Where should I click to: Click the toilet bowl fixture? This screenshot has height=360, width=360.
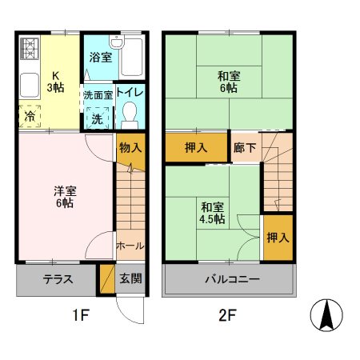pos(129,117)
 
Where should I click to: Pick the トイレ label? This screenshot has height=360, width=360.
pos(129,94)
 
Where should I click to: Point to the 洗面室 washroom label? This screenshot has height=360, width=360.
pos(98,94)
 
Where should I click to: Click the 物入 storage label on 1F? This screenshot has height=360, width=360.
pos(130,149)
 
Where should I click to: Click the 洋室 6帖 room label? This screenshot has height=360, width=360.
pos(64,197)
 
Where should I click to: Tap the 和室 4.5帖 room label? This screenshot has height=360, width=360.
pos(212,211)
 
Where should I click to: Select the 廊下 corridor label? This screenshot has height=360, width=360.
pos(245,148)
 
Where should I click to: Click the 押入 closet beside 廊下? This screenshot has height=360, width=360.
pos(197,148)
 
